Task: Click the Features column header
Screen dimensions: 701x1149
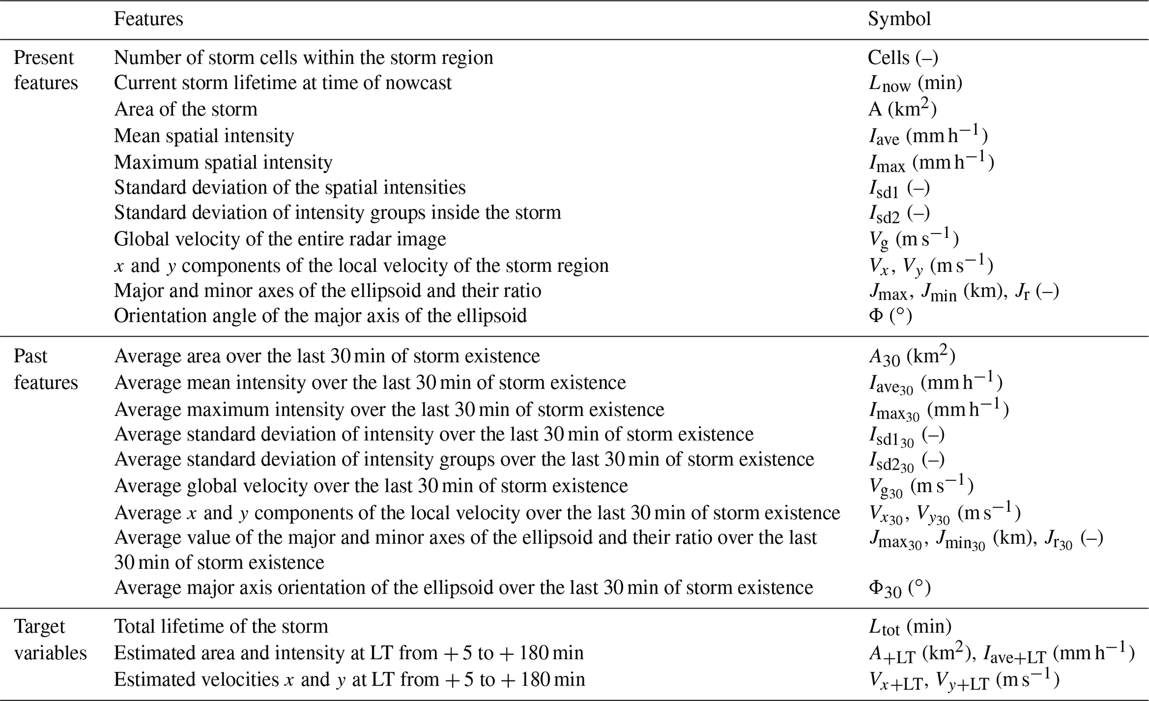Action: click(148, 19)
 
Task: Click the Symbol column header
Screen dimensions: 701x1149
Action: click(899, 19)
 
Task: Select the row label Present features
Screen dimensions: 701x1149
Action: click(46, 70)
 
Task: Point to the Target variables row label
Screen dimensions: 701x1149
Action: click(50, 639)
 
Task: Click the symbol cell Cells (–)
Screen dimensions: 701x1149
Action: click(903, 58)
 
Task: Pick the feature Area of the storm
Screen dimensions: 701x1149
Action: click(186, 109)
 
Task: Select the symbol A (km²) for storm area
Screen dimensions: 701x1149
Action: click(902, 109)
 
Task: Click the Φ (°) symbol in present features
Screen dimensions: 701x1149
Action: click(890, 316)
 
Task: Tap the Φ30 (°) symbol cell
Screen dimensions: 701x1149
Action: click(899, 588)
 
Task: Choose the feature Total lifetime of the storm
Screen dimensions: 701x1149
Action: click(221, 627)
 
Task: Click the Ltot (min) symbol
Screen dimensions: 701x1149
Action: click(910, 627)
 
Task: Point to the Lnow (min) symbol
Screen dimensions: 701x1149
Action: click(916, 83)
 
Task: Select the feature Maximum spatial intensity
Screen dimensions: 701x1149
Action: click(223, 162)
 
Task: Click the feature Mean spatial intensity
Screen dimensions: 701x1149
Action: click(204, 136)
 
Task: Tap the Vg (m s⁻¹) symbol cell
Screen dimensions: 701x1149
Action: click(914, 239)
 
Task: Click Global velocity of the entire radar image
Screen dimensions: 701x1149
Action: click(280, 239)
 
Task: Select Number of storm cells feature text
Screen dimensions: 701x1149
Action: click(304, 58)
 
